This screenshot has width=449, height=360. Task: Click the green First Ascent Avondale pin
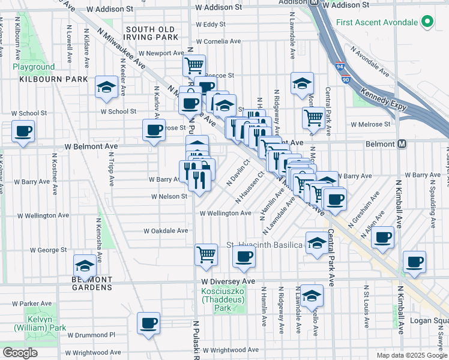tap(427, 23)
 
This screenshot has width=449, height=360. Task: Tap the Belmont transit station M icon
tap(402, 144)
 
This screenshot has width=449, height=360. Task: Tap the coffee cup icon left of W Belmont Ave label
tap(23, 131)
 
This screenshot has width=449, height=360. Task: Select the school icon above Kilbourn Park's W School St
tap(106, 88)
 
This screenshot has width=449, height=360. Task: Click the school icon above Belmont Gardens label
tap(85, 265)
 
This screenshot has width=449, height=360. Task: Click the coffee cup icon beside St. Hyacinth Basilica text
tap(244, 257)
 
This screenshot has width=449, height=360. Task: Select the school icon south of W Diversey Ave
tap(311, 295)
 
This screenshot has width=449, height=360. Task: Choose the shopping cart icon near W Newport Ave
tap(194, 65)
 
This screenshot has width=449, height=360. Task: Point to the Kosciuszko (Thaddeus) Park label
tap(223, 299)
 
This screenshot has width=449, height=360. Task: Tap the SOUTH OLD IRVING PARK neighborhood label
tap(151, 33)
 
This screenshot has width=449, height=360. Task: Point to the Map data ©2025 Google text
tap(411, 355)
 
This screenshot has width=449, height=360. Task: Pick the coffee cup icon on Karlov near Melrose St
tap(153, 129)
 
